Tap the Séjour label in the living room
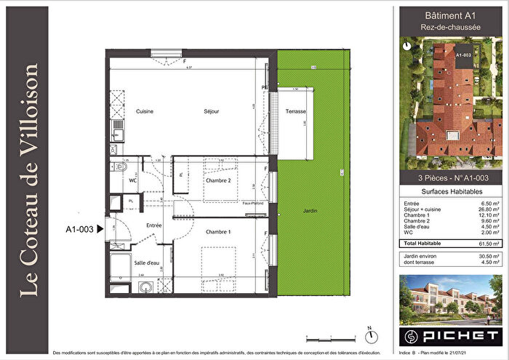click(x=211, y=111)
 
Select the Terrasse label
click(x=296, y=111)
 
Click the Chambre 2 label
click(x=217, y=180)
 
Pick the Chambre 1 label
click(x=217, y=232)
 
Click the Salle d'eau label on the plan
click(x=146, y=263)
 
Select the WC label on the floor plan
click(x=132, y=180)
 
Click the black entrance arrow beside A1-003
click(x=100, y=229)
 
